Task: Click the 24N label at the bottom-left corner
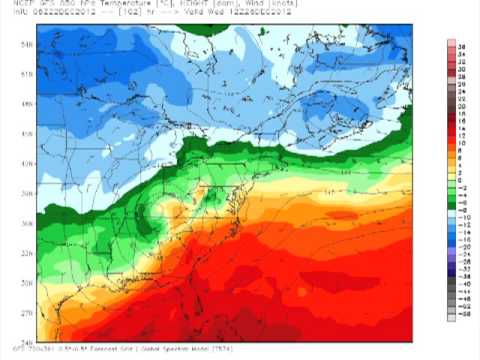coord(27,340)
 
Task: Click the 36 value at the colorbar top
coord(464,46)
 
